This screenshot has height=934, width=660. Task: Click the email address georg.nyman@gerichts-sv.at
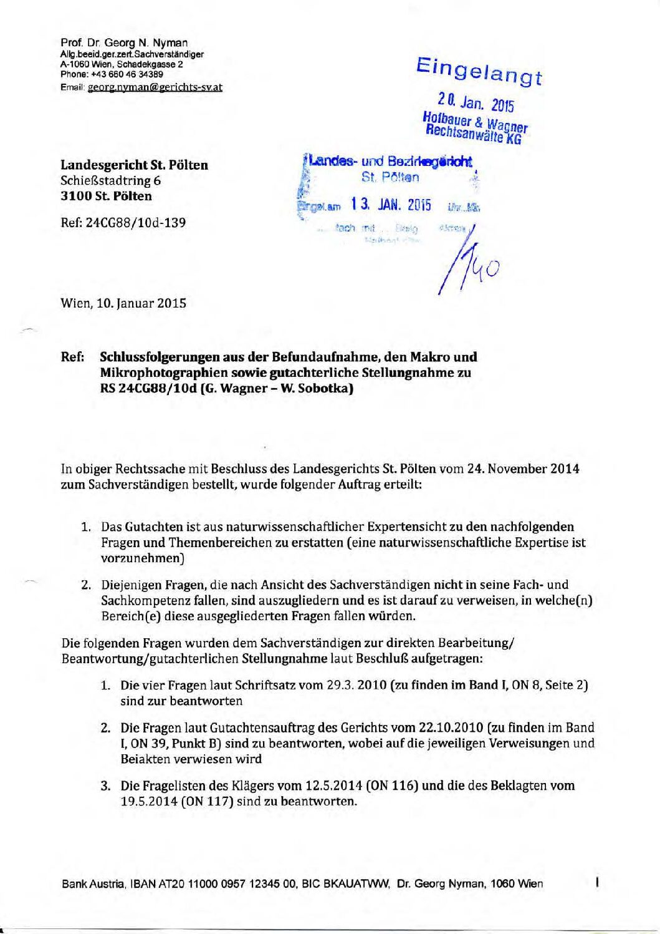(x=155, y=87)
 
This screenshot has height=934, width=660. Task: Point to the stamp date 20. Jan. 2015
(x=476, y=101)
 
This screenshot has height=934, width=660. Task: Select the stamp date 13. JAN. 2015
(x=391, y=204)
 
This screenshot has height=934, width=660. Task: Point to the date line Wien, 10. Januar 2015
(x=123, y=304)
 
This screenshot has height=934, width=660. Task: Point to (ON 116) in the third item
(x=392, y=786)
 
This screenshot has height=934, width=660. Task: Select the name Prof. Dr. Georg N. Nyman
(x=124, y=43)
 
